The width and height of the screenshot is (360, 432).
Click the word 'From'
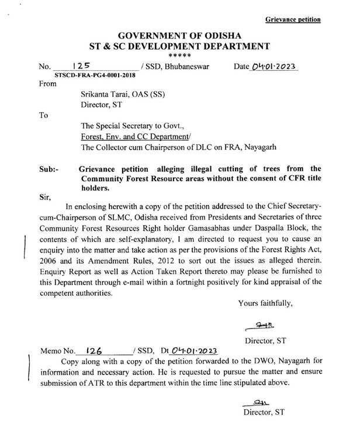[48, 84]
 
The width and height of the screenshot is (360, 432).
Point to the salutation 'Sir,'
[46, 198]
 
